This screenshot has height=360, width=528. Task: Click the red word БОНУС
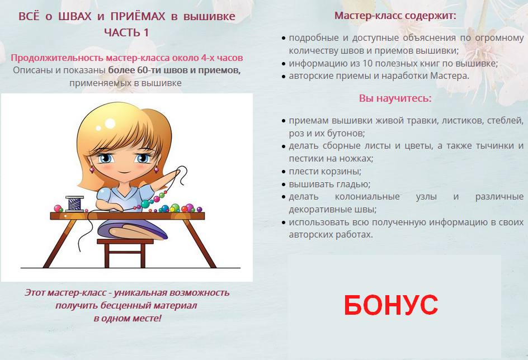click(391, 305)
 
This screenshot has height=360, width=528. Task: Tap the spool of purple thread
click(74, 203)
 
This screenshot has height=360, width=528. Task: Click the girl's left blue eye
click(106, 158)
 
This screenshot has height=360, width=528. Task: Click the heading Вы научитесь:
click(395, 98)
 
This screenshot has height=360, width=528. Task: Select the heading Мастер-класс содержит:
click(395, 16)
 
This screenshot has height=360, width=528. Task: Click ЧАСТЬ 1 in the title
click(126, 32)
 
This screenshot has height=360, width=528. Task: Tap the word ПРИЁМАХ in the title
click(138, 16)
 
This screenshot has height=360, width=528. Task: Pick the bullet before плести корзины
click(284, 172)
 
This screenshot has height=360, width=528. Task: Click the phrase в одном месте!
click(128, 318)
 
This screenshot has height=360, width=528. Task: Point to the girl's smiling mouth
click(124, 172)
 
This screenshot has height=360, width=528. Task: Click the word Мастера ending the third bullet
click(450, 76)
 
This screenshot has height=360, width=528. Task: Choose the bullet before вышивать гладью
click(284, 184)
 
